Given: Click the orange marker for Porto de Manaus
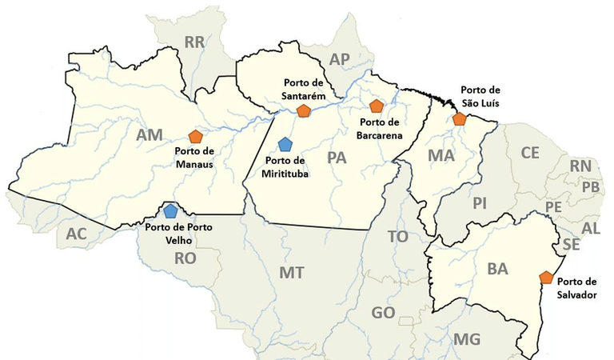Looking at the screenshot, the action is coord(195,136).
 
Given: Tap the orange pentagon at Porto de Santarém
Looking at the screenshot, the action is coord(303,110).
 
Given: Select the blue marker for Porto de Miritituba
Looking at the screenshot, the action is coord(285,144).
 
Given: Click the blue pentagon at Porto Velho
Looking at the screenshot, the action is coord(170,211).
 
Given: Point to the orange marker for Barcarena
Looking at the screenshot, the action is coord(377,106).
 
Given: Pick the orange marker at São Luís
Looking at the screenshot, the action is coord(459,118).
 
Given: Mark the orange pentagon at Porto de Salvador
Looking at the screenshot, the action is coord(546,278).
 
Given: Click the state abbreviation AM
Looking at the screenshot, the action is coord(150,135).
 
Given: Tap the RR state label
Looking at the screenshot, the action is coord(194,42).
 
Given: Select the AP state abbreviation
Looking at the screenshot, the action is coord(341,58).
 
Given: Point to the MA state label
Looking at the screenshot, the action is coord(441,155).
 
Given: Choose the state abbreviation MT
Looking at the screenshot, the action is coord(291,273).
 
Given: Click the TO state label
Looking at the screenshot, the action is coord(397,237).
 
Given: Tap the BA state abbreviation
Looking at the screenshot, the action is coord(497,270).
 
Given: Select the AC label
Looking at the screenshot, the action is coord(76,234).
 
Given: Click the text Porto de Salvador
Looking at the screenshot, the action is coord(576,286).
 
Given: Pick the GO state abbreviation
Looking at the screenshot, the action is coord(384,313).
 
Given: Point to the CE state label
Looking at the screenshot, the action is coord(530,153).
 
